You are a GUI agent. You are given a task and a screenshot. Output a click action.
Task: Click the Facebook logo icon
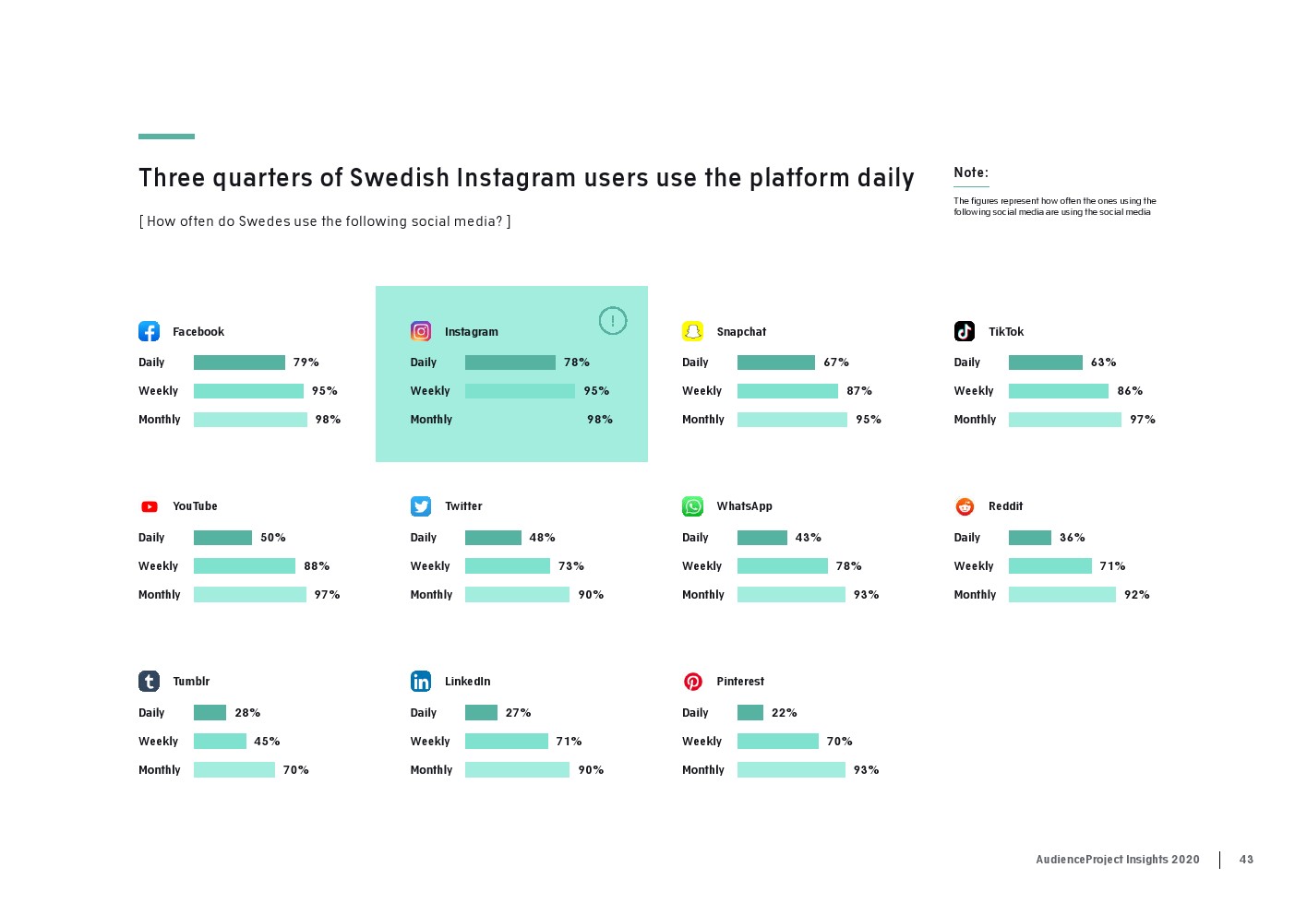pos(149,331)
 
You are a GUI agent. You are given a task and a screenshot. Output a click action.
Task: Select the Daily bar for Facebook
pos(239,362)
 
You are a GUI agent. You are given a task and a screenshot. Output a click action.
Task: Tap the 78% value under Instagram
pos(577,362)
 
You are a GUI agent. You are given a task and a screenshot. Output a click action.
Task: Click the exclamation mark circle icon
pos(613,321)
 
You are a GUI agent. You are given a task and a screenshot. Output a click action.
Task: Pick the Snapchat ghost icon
pos(692,331)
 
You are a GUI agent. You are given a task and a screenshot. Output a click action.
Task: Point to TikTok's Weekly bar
pos(1058,391)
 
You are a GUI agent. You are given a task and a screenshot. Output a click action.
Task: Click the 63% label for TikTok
pos(1103,362)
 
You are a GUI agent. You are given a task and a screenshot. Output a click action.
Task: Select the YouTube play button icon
pos(149,506)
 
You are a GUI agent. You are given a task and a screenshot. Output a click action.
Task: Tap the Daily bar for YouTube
pos(222,538)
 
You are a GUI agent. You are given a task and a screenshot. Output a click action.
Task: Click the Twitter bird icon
pos(421,506)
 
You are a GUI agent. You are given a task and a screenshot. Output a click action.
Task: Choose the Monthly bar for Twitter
pos(517,595)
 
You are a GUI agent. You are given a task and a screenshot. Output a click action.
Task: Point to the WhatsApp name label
pos(744,506)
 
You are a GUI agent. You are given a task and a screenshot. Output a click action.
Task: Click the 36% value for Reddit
pos(1072,538)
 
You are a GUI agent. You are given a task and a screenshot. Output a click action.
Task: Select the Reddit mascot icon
pos(965,506)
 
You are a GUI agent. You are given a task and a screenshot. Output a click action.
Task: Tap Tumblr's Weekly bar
pos(220,742)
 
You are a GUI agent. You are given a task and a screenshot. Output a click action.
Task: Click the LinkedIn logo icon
pos(421,682)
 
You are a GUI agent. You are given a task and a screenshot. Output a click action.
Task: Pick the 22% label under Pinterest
pos(784,713)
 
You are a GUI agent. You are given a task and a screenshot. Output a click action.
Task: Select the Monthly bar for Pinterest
pos(791,770)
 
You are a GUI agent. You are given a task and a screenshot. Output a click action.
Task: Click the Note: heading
pos(971,172)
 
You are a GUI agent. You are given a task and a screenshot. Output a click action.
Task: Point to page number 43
pos(1246,860)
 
